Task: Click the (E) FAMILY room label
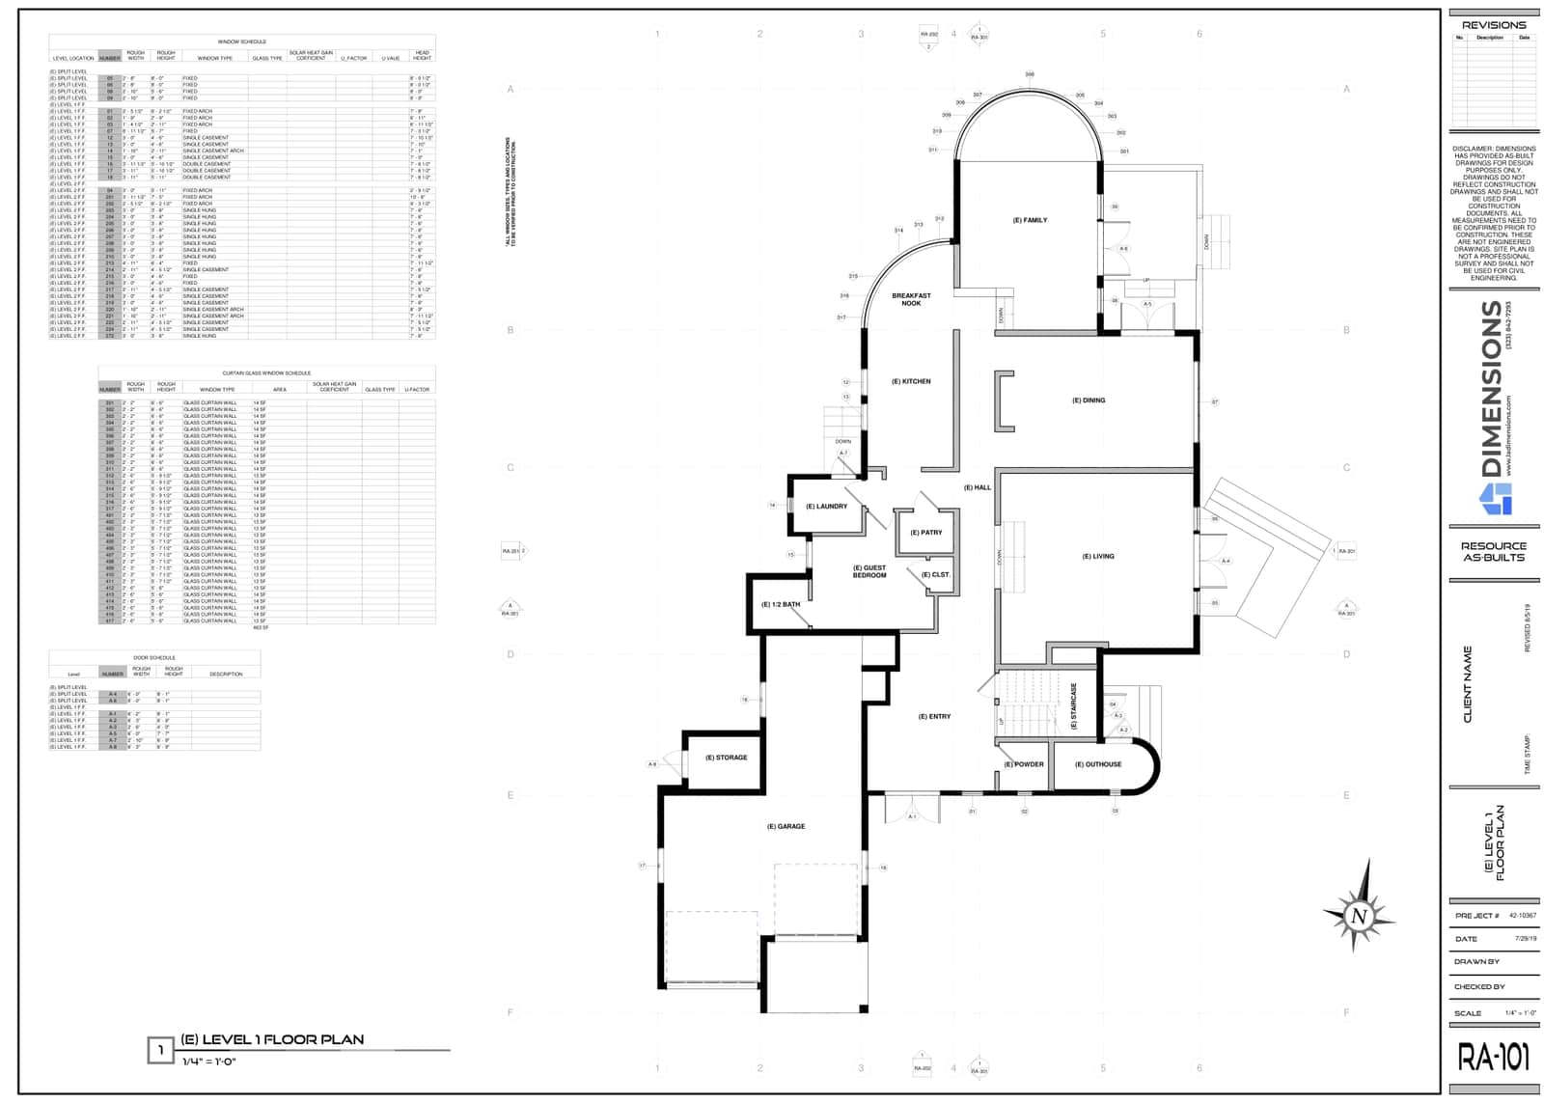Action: [x=1030, y=220]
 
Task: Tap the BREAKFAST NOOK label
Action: [x=911, y=299]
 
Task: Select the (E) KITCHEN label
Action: [x=911, y=381]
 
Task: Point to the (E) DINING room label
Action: [x=1089, y=400]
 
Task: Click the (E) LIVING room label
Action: [x=1098, y=556]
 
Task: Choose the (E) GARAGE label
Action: [x=786, y=826]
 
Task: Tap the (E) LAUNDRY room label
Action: [x=827, y=506]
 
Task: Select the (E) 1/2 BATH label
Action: [x=781, y=604]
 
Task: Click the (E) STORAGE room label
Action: [x=727, y=758]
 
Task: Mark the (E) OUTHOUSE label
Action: [x=1098, y=764]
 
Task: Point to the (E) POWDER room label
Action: [x=1024, y=764]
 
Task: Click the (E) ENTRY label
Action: [x=934, y=716]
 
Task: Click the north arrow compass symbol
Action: [x=1359, y=915]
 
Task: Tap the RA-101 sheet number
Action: [x=1493, y=1058]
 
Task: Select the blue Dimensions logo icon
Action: [x=1496, y=498]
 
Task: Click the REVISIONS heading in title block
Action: [x=1494, y=25]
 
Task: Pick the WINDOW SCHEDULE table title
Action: [x=242, y=41]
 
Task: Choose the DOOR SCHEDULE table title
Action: [x=154, y=657]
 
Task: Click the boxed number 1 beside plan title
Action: [x=160, y=1050]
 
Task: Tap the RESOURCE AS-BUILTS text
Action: [x=1494, y=552]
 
